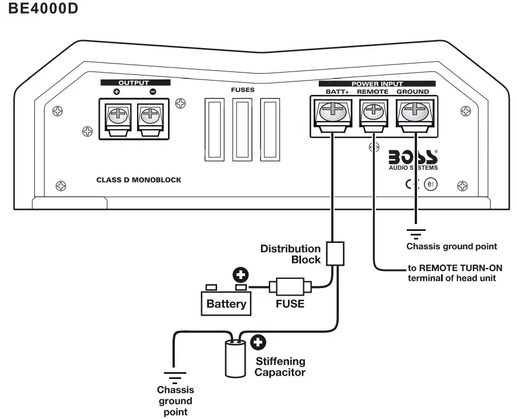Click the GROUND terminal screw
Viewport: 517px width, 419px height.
(x=414, y=112)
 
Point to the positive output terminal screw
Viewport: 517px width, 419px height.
(x=118, y=115)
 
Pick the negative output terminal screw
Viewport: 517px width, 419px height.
(x=151, y=115)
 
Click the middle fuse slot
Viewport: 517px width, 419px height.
(x=243, y=129)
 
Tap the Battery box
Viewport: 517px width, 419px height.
(x=226, y=303)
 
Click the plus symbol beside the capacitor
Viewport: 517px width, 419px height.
(x=259, y=342)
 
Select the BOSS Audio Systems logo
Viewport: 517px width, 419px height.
(x=413, y=159)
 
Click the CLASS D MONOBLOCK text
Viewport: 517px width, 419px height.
(x=139, y=180)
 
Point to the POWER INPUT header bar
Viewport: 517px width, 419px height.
(x=377, y=83)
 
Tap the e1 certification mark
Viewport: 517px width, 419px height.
(x=430, y=185)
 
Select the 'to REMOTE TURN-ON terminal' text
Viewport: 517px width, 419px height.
(x=451, y=273)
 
